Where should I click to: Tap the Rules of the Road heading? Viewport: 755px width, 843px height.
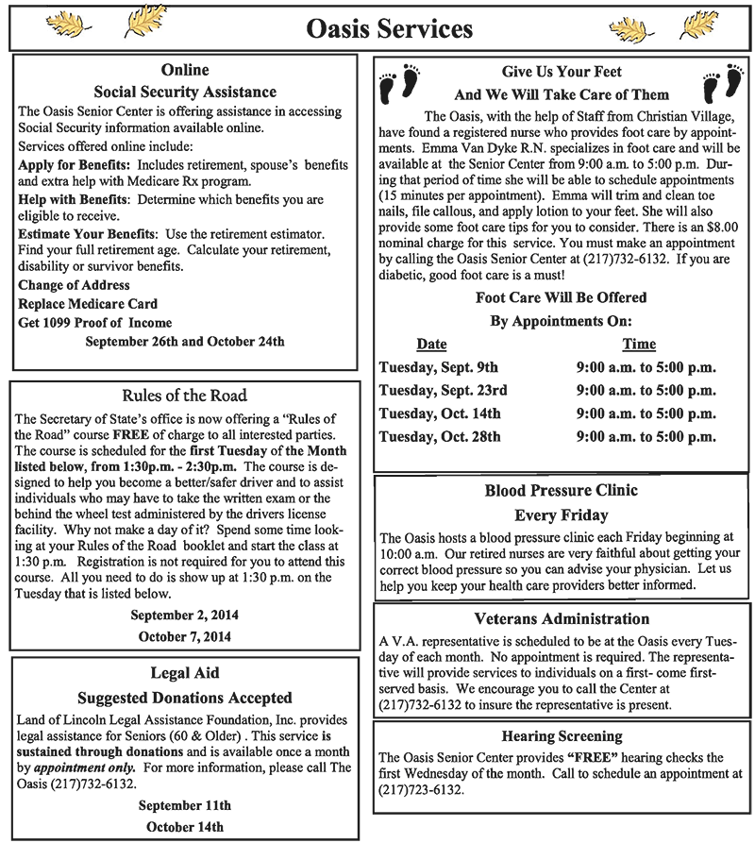(184, 396)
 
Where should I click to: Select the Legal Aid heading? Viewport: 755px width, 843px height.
(184, 673)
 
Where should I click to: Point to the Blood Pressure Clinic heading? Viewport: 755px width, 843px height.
(562, 491)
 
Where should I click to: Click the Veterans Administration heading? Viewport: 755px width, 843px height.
(562, 619)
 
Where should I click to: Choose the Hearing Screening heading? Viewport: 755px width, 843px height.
(562, 735)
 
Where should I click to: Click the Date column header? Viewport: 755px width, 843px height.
(431, 345)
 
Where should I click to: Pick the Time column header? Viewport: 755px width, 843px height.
(639, 345)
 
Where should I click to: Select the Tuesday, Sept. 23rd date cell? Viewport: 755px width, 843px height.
(443, 390)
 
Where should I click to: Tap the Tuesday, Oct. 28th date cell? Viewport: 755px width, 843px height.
(439, 436)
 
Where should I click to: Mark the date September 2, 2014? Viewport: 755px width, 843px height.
(184, 615)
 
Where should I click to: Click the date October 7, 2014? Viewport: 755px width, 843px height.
(184, 636)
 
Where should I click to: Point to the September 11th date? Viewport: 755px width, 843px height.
(184, 805)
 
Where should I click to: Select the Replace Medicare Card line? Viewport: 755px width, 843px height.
(88, 303)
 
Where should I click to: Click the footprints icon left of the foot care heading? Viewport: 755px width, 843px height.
(398, 83)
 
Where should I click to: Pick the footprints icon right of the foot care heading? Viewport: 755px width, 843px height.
(722, 83)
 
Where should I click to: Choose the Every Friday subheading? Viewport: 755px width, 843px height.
(562, 515)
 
